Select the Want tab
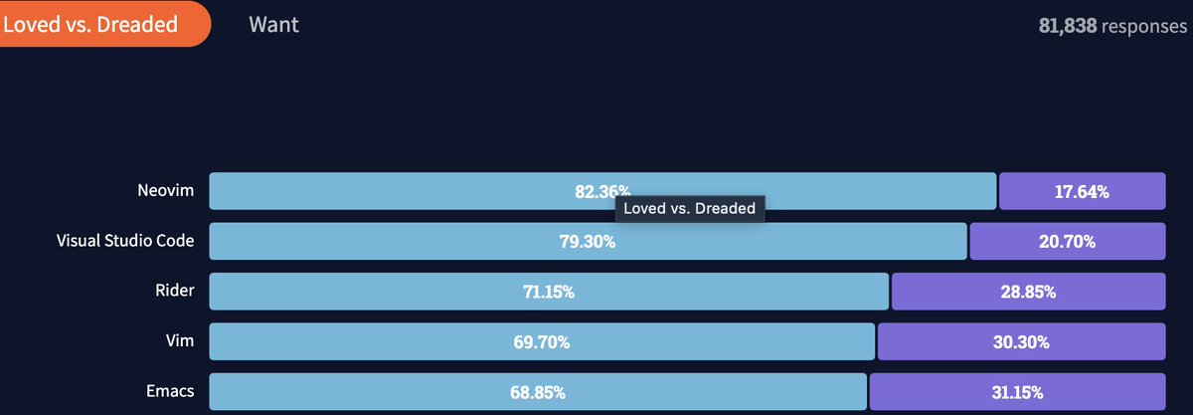273,24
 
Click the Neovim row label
166,190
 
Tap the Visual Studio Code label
125,240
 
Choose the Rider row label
174,291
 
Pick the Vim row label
180,340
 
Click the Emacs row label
169,390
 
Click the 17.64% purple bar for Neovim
1082,191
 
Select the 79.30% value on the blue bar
588,241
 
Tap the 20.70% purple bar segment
1067,241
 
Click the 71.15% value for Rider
548,292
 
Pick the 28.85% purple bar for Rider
1028,292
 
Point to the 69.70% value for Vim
542,341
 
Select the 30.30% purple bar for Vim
1021,341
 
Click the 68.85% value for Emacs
538,391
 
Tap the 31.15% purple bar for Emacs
1017,391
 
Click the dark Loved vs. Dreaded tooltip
689,209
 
